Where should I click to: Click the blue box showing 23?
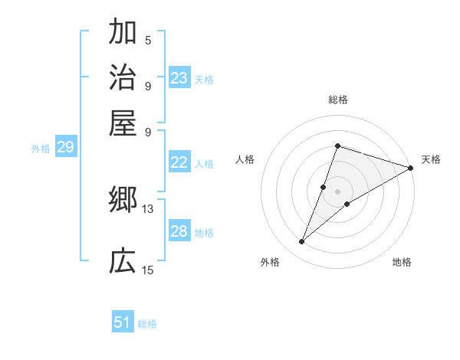coord(179,78)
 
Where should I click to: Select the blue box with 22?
coord(179,162)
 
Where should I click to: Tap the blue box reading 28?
coord(179,231)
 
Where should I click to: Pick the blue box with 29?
coord(65,148)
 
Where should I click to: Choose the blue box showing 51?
coord(123,322)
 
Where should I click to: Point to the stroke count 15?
coord(147,270)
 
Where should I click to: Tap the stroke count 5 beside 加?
coord(147,40)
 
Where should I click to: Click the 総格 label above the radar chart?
coord(337,100)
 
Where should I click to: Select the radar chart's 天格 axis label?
coord(431,159)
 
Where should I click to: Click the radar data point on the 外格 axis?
coord(302,242)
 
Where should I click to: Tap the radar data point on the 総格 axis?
coord(337,146)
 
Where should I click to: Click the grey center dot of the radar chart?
coord(337,191)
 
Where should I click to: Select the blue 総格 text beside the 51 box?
coord(147,324)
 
